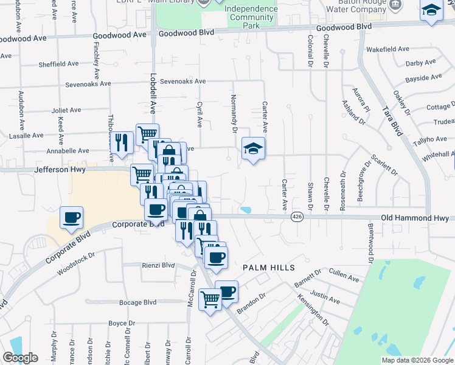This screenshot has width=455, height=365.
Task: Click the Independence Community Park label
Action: [251, 18]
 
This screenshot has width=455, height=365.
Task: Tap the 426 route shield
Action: [296, 217]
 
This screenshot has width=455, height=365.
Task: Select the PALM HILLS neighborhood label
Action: [268, 268]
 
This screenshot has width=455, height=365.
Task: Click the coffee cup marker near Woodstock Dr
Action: [72, 218]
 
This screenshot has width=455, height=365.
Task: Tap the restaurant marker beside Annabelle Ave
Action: [123, 143]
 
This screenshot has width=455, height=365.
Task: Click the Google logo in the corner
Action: [19, 358]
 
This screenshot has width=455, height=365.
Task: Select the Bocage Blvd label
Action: [141, 302]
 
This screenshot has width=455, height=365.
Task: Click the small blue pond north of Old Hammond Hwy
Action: [245, 210]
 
